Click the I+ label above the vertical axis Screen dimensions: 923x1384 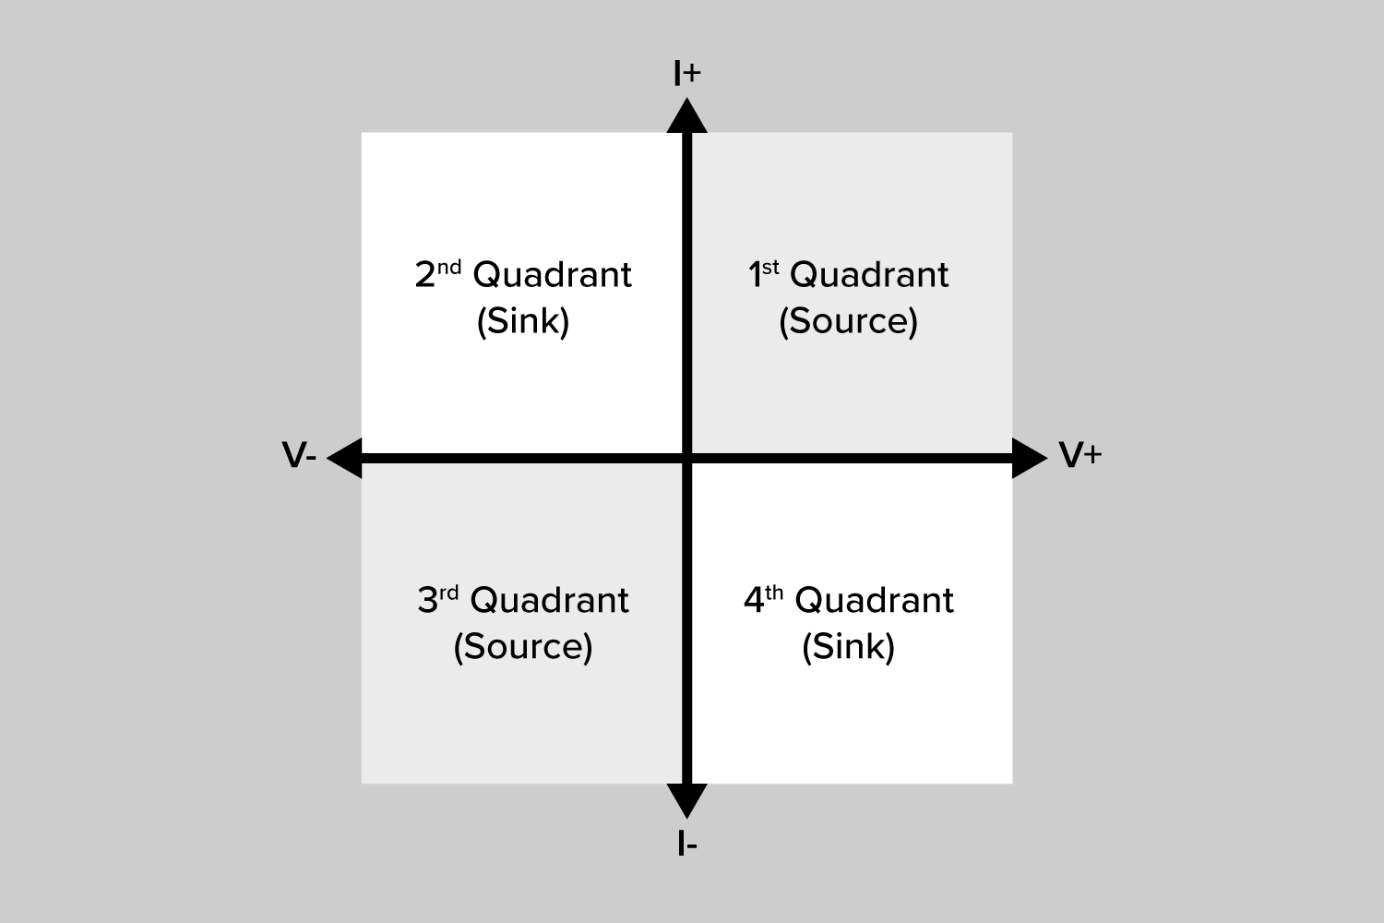click(x=686, y=73)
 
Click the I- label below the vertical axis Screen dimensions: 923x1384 click(x=686, y=844)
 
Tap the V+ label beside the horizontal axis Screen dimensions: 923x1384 click(x=1080, y=455)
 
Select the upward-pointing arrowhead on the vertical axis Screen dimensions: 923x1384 click(x=686, y=117)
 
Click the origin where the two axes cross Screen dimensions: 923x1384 click(x=686, y=458)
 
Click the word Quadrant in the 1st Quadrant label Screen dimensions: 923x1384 click(x=869, y=275)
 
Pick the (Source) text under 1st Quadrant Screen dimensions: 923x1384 click(x=848, y=321)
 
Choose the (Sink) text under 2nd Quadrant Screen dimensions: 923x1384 click(x=522, y=321)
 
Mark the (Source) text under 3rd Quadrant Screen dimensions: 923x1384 click(x=522, y=646)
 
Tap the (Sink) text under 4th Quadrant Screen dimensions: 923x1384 click(x=848, y=646)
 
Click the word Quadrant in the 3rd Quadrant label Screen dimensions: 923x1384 click(x=549, y=601)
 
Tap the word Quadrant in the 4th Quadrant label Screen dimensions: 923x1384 click(x=874, y=601)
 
